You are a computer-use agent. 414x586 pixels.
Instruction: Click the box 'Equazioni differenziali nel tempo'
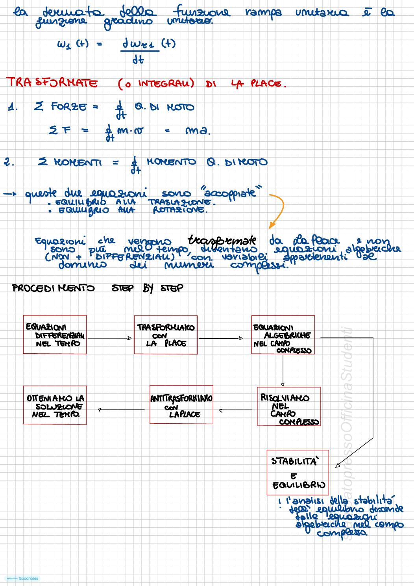click(55, 335)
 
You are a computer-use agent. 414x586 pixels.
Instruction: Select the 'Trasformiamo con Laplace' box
click(166, 335)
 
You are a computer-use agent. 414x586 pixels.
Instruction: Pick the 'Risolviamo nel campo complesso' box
click(288, 406)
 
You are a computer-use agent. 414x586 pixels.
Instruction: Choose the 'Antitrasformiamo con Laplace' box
click(181, 404)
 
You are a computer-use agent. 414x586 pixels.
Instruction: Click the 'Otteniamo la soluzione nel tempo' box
click(55, 405)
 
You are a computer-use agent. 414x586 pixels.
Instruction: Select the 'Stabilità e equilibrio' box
click(298, 472)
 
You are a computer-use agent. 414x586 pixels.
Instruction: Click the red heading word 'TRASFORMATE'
click(52, 83)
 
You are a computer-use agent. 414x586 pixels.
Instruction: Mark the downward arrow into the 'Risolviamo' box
click(283, 370)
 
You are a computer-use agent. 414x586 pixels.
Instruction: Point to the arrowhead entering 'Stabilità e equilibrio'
click(338, 465)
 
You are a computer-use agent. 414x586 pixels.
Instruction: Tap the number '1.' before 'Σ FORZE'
click(13, 107)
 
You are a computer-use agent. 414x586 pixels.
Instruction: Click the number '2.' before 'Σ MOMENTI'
click(9, 162)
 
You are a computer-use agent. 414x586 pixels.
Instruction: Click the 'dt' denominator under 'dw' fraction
click(138, 60)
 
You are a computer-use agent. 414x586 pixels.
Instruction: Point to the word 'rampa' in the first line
click(263, 13)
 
